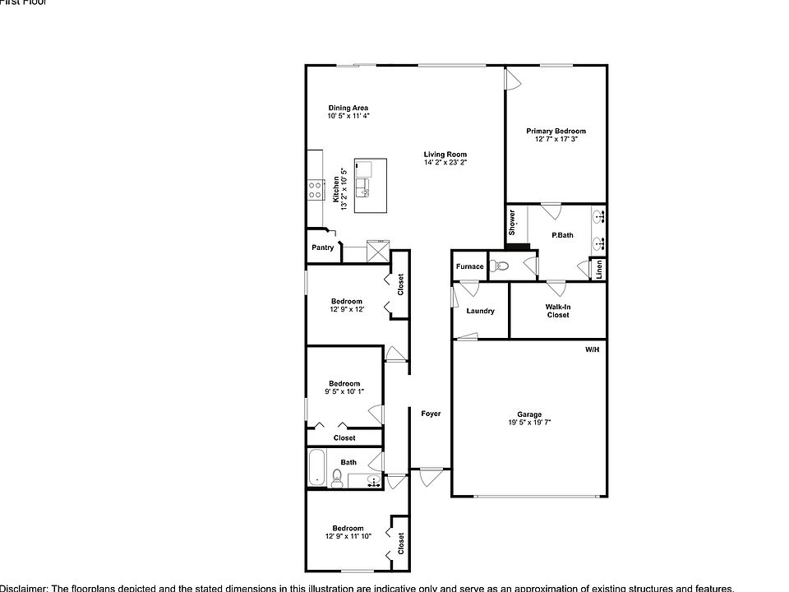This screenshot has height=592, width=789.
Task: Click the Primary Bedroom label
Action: pos(556,132)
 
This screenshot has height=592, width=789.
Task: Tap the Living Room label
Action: pos(445,155)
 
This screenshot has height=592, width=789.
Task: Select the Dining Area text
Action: pos(348,108)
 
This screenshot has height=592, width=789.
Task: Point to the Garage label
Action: pos(529,414)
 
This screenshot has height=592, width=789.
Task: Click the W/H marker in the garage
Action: pos(593,350)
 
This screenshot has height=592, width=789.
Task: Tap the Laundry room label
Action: pos(480,311)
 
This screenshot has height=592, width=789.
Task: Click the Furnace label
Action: pos(470,266)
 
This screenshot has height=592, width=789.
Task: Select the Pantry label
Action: pos(323,247)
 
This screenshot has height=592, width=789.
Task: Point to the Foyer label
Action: pos(431,414)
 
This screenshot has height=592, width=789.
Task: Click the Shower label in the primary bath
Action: pos(512,222)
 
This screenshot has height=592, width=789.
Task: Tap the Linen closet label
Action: pos(600,270)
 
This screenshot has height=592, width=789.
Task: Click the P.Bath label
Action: pos(562,236)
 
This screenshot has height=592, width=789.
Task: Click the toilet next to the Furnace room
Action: pos(500,266)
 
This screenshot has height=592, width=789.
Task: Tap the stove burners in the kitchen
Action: pos(315,191)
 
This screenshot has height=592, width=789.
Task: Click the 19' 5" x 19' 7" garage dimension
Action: pos(529,423)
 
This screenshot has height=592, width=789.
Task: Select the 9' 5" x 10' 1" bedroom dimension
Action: pos(344,392)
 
